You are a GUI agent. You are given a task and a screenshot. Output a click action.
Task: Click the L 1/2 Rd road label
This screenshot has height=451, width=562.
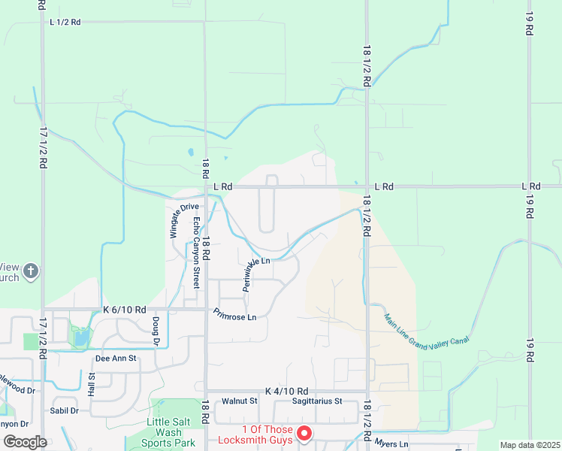coord(65,23)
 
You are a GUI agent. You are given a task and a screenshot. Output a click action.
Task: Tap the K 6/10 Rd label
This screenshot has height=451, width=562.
coord(125,309)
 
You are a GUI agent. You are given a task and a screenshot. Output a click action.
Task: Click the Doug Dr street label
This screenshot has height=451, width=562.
coord(156,331)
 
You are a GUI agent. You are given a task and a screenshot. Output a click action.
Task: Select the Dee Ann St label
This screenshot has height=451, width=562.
coord(116,359)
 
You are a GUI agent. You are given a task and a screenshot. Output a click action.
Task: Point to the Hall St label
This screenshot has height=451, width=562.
coord(92,384)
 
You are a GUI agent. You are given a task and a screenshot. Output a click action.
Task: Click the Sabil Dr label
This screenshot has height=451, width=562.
coord(64,410)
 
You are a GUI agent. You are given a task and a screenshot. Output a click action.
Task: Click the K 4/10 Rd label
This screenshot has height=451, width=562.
coord(287,392)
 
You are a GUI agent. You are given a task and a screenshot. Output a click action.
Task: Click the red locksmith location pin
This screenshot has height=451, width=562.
coord(304,433)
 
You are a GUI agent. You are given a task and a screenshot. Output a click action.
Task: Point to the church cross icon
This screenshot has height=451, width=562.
coord(30,271)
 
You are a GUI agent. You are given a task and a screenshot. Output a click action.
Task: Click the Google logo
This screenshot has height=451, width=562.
coord(24,441)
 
